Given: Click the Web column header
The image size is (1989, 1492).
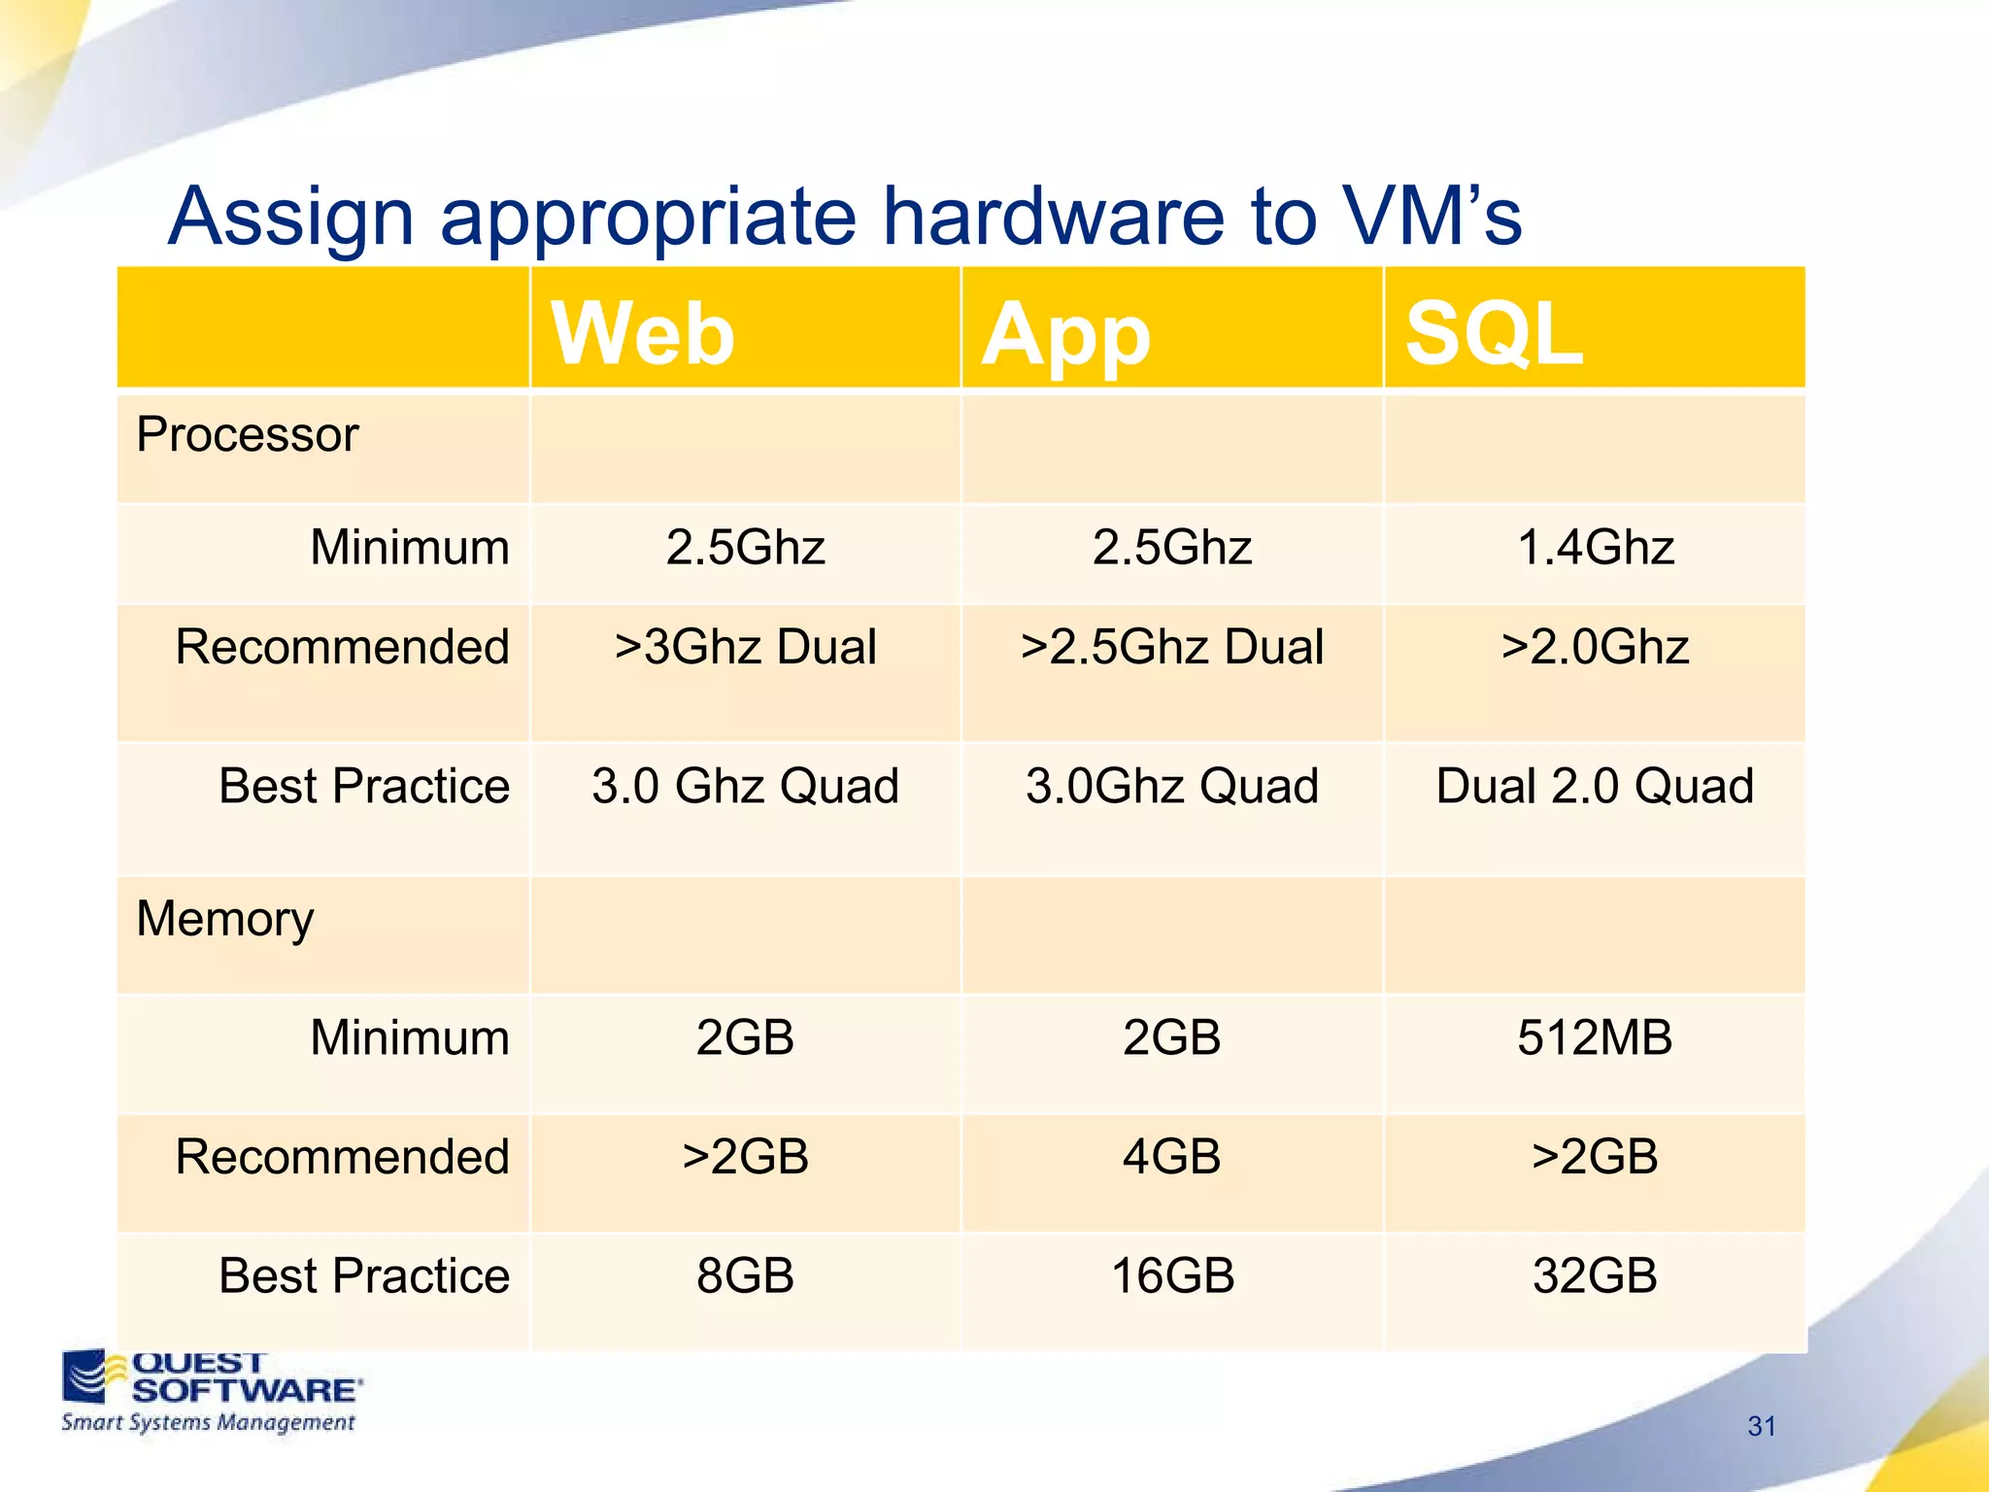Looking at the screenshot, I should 643,333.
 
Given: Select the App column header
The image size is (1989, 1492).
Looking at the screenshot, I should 1065,335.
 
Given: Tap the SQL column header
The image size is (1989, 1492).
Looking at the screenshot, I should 1494,333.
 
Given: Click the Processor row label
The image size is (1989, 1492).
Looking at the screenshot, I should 247,434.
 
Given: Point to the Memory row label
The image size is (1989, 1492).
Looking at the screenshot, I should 224,919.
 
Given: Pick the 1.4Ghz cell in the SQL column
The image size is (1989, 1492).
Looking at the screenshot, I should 1595,547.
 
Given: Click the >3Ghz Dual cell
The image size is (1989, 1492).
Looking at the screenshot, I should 745,647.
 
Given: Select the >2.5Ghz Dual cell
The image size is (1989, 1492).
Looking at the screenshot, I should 1171,647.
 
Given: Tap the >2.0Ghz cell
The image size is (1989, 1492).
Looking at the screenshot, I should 1595,647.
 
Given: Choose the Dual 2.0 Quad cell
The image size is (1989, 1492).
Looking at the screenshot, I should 1595,786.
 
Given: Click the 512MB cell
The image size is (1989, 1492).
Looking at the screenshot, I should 1595,1037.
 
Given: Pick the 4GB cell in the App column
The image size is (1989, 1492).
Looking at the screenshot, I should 1171,1157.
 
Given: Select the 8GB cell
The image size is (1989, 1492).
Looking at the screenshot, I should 745,1275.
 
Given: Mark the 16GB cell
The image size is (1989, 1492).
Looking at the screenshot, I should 1171,1275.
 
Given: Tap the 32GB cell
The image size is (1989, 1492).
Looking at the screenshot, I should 1595,1275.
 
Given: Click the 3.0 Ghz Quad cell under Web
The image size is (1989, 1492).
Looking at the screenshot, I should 745,786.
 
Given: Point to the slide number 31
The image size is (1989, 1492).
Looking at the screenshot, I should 1762,1426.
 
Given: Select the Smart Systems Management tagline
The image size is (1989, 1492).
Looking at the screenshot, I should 208,1423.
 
